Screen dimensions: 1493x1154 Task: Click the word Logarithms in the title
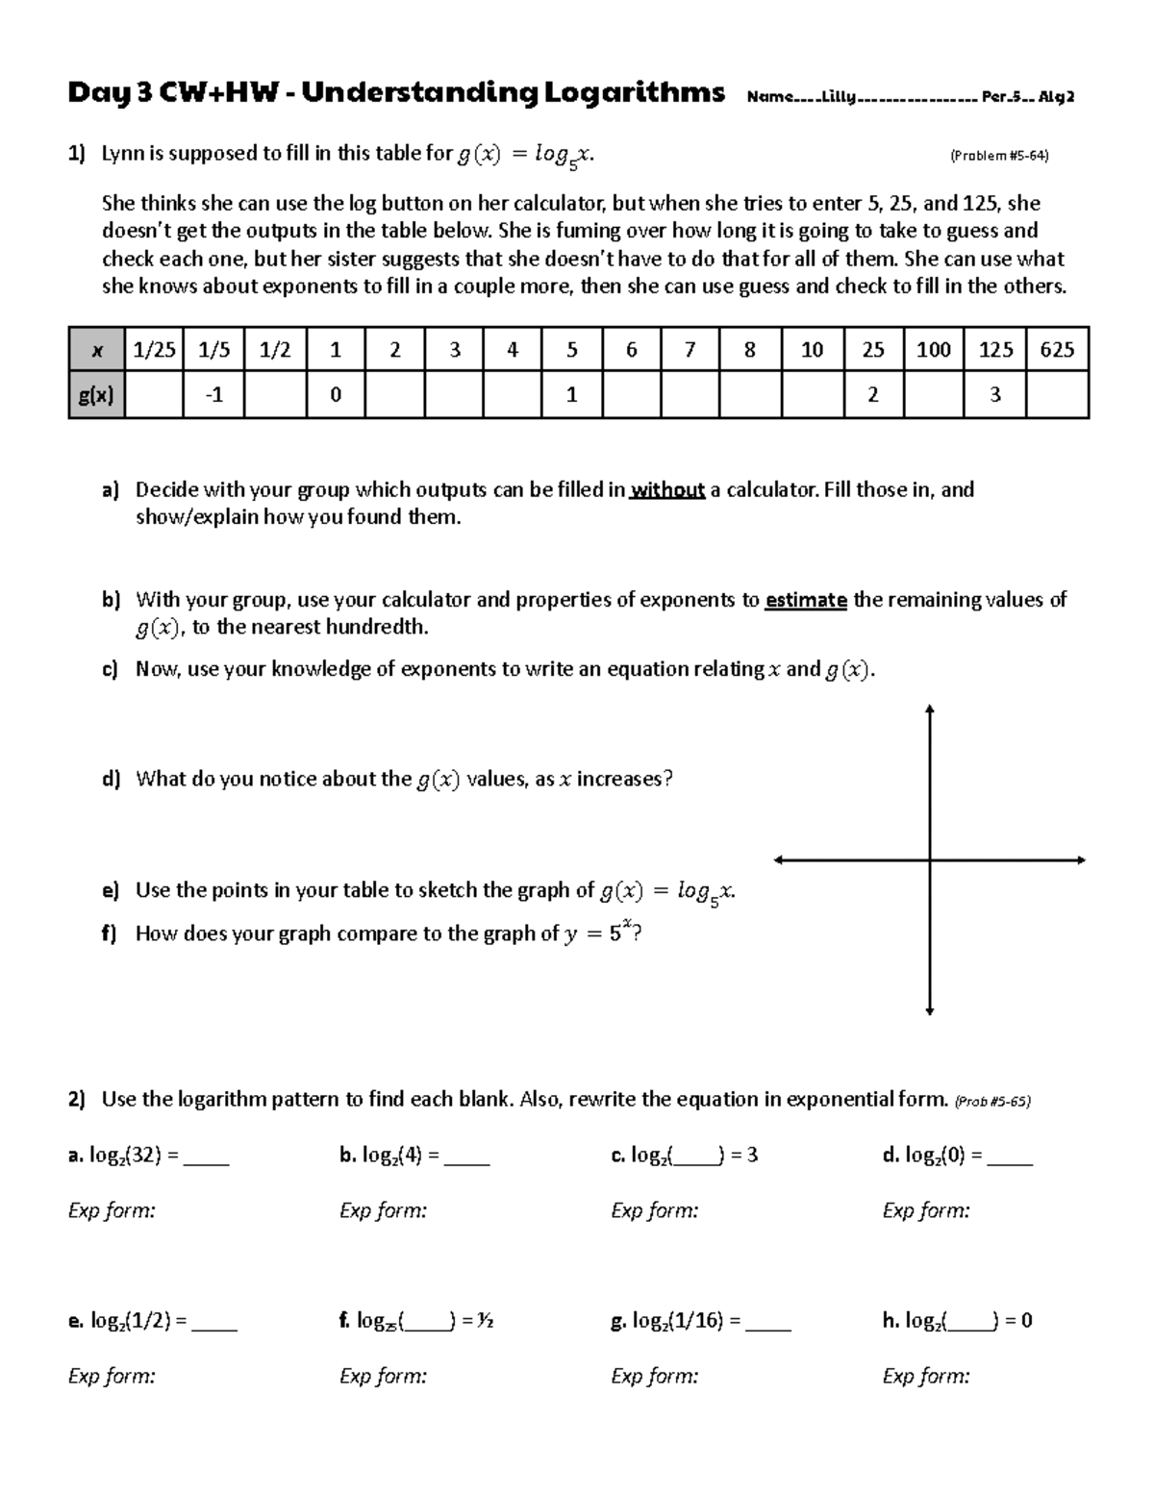[x=634, y=93]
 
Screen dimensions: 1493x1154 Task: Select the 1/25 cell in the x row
[x=154, y=350]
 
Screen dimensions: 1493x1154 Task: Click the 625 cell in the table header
[x=1057, y=350]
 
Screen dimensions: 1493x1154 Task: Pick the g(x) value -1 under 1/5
[x=213, y=395]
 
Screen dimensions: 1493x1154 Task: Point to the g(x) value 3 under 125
[x=995, y=395]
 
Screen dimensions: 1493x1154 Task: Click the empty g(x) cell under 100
[x=933, y=395]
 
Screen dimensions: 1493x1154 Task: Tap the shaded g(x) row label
[x=96, y=395]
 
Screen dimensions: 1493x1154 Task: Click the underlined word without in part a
[x=667, y=490]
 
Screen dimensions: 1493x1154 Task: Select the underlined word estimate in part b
[x=806, y=601]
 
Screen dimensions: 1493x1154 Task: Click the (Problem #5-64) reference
[x=998, y=156]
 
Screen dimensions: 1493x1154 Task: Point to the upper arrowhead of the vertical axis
[x=929, y=710]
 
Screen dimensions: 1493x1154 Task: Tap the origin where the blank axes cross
[x=929, y=860]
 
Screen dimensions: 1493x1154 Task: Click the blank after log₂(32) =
[x=206, y=1157]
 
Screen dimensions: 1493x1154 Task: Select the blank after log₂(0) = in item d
[x=1010, y=1157]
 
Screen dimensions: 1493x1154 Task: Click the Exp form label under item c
[x=654, y=1211]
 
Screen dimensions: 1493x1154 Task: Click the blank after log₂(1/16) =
[x=767, y=1323]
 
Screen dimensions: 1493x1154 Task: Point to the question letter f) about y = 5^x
[x=109, y=934]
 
